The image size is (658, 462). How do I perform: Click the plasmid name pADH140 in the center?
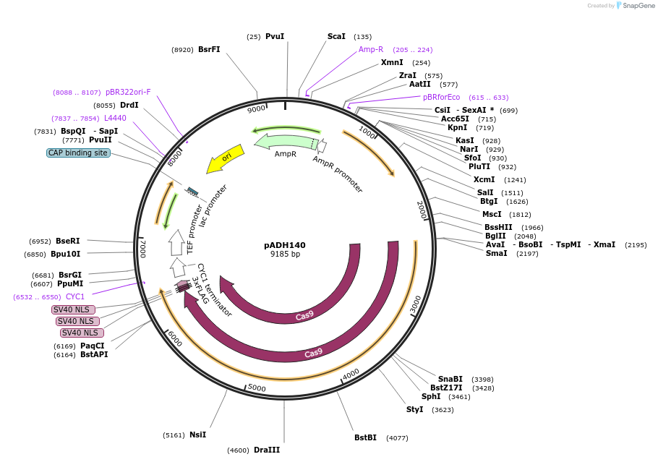tap(284, 245)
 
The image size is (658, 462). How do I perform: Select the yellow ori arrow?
tap(225, 160)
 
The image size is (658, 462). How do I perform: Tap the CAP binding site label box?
tap(78, 153)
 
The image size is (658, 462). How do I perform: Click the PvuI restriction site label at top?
tap(275, 36)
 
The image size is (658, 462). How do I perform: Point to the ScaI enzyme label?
tap(336, 36)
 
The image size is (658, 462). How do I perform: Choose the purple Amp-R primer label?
tap(371, 49)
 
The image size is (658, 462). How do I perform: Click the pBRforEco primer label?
tap(441, 97)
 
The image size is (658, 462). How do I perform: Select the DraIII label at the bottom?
tap(267, 450)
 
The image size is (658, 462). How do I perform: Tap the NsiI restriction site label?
tap(197, 435)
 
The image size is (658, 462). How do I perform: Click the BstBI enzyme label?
tap(365, 437)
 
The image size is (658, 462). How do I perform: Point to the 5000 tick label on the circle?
tap(257, 388)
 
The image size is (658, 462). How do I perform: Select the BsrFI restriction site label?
tap(209, 49)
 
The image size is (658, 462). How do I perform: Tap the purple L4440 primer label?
tap(115, 118)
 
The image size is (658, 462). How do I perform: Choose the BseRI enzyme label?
tap(68, 241)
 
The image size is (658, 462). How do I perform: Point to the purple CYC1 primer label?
tap(75, 296)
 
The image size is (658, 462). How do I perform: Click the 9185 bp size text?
tap(285, 254)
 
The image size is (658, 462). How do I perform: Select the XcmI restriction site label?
tap(484, 179)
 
